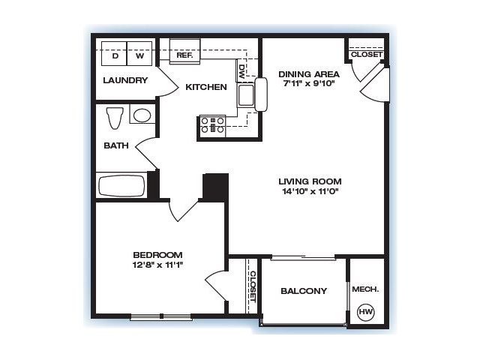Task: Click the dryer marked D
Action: [x=114, y=53]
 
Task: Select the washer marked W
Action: [x=139, y=53]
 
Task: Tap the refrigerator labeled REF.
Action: [x=185, y=51]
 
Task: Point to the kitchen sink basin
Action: [x=246, y=95]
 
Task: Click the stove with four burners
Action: [x=212, y=125]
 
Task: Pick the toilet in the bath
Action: [x=115, y=118]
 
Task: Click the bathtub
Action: [x=121, y=185]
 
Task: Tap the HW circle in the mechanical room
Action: [x=366, y=312]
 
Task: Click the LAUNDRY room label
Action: [x=125, y=80]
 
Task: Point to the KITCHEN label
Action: [x=206, y=87]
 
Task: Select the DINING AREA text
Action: [x=309, y=74]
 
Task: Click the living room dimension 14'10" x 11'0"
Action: [x=310, y=191]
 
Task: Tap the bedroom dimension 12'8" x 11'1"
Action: [x=157, y=265]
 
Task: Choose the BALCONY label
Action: [x=304, y=291]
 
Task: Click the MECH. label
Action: [x=365, y=289]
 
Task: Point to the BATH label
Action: [x=116, y=145]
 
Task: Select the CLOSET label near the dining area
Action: [x=367, y=55]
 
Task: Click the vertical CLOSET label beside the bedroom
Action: [x=253, y=286]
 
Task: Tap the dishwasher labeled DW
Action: [x=241, y=71]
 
